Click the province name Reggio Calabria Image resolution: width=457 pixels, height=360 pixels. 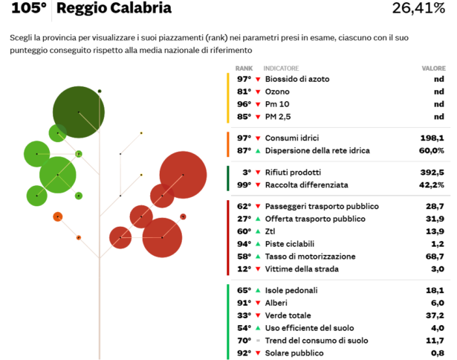[x=114, y=9]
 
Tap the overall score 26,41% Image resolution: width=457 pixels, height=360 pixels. [x=418, y=9]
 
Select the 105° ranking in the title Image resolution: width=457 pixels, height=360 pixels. [x=30, y=9]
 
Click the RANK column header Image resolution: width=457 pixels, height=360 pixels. [x=244, y=68]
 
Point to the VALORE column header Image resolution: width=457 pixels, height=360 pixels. [x=433, y=68]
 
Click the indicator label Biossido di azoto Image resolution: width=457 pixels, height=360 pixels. [x=297, y=79]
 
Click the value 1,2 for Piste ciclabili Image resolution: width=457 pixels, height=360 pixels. [x=437, y=244]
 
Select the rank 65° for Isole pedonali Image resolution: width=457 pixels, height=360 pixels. [x=244, y=291]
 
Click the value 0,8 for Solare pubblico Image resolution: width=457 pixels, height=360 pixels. [x=437, y=353]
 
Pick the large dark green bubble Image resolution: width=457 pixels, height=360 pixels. [x=79, y=112]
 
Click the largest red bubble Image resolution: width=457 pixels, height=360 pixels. [x=183, y=175]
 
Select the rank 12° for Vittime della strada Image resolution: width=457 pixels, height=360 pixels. [x=244, y=269]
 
